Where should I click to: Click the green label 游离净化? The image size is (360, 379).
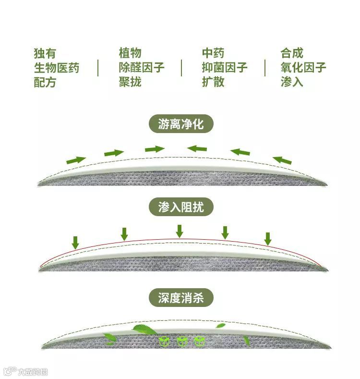coord(180,125)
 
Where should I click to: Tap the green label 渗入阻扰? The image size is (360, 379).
coord(180,207)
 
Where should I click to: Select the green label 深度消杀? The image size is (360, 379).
coord(180,298)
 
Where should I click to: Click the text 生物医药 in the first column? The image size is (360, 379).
coord(57,68)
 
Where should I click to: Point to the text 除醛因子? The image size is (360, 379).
coord(142,68)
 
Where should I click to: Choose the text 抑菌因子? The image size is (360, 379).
coord(225,68)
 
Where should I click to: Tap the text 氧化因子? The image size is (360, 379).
coord(303,68)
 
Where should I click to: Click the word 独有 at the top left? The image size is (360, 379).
coord(45,53)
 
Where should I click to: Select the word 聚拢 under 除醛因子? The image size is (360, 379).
coord(130,82)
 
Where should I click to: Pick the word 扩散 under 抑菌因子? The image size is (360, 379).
coord(213,82)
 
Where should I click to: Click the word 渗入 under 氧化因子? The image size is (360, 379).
coord(292,82)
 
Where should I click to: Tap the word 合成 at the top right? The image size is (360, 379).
coord(292,53)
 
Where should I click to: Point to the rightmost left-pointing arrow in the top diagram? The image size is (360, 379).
coord(282,160)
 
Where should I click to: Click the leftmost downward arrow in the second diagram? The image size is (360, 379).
coord(75,242)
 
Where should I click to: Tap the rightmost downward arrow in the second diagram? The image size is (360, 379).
coord(268,238)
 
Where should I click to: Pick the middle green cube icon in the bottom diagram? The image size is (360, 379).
coord(182,342)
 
